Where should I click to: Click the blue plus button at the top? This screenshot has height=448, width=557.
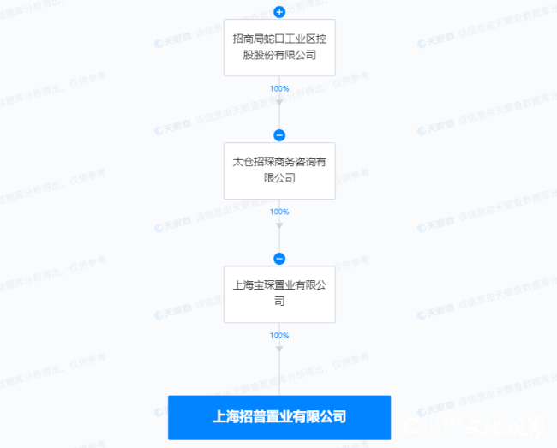click(x=279, y=11)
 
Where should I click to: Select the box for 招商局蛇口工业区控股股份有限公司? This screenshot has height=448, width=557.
click(x=279, y=47)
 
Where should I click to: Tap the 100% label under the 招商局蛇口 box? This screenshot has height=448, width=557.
click(x=279, y=88)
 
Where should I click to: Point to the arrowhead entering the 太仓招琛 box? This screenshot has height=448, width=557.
click(x=279, y=104)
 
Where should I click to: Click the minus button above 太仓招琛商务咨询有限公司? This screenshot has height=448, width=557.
click(x=279, y=134)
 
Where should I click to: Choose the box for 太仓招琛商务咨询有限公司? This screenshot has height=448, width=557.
click(x=279, y=170)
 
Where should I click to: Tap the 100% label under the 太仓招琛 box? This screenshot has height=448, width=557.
click(x=279, y=212)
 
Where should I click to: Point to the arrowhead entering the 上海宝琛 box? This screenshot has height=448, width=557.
click(x=279, y=227)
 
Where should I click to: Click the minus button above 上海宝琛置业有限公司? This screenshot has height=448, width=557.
click(x=279, y=258)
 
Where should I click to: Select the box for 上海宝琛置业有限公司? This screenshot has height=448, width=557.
click(x=279, y=294)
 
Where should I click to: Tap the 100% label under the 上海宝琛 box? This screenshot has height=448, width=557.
click(x=279, y=335)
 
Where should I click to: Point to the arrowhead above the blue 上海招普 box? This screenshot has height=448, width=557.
click(x=279, y=349)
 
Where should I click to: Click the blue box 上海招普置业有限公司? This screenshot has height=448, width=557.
click(x=279, y=417)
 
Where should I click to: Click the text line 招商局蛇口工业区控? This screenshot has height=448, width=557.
click(x=279, y=39)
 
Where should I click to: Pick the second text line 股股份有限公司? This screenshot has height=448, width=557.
click(x=279, y=55)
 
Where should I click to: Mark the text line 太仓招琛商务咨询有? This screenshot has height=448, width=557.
click(x=279, y=163)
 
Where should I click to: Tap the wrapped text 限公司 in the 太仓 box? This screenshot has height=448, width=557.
click(x=279, y=178)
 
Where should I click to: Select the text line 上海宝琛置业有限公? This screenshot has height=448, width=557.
click(x=279, y=286)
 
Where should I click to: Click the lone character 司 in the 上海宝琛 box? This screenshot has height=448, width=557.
click(x=279, y=302)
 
